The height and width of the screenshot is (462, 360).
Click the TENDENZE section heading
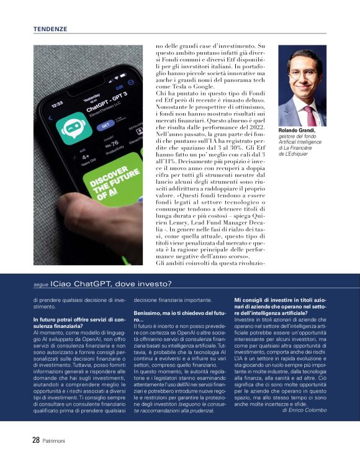50,29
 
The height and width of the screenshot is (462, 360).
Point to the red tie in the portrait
308,115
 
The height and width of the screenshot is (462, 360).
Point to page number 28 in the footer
36,440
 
